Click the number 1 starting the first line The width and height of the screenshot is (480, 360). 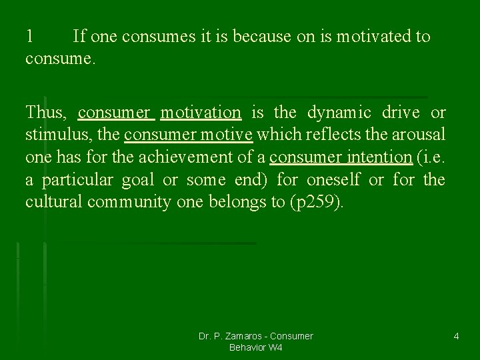coord(29,37)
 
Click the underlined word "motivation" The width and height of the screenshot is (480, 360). coord(201,113)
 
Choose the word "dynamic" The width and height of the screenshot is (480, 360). coord(340,113)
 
